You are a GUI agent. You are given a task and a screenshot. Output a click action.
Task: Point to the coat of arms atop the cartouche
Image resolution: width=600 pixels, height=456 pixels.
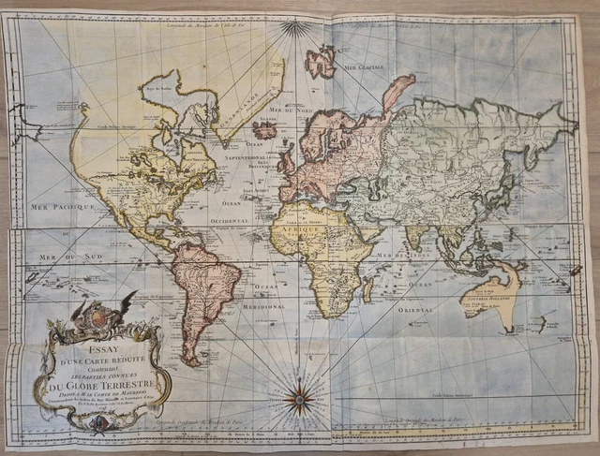point(92,320)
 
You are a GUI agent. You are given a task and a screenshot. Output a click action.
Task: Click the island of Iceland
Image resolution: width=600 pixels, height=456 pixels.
point(264,130)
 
